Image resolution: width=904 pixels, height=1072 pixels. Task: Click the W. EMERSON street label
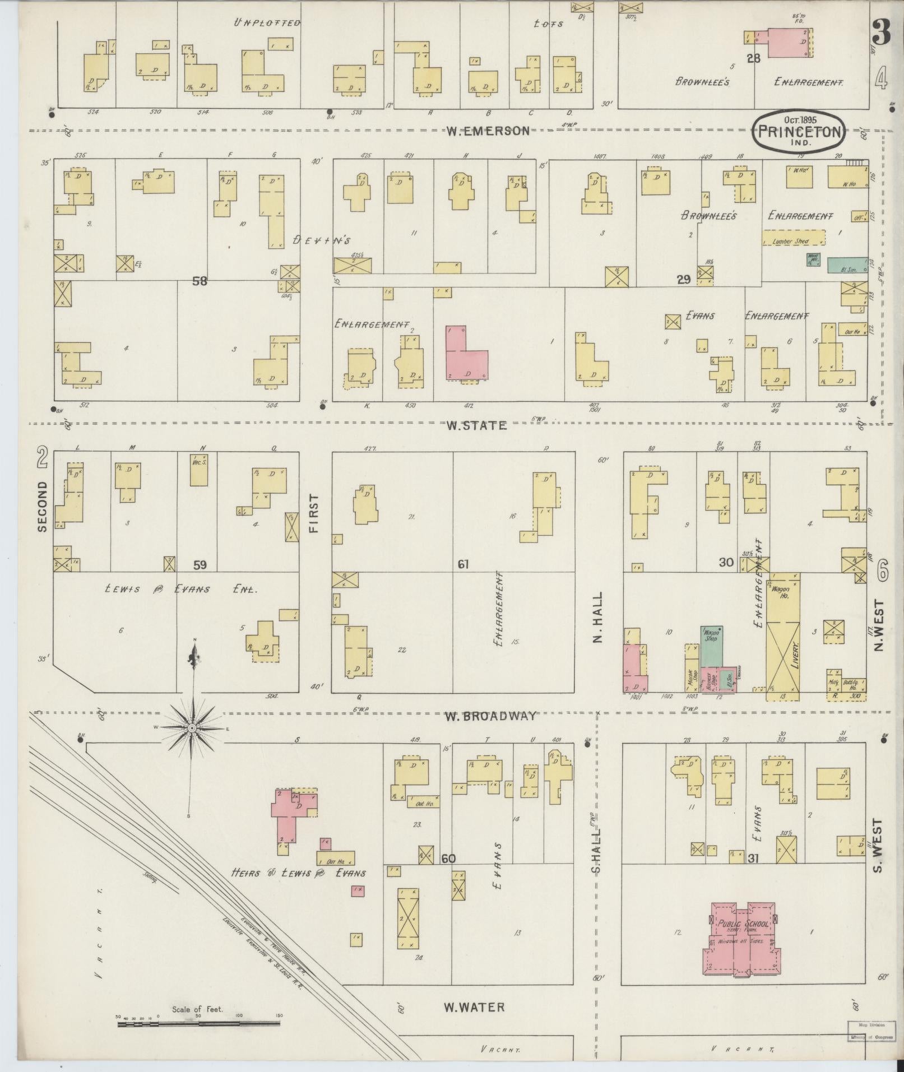(488, 131)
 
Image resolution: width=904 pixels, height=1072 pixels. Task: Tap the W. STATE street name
(476, 426)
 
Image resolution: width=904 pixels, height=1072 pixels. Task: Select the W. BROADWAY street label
(491, 716)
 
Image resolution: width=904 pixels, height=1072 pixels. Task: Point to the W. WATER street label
(474, 1008)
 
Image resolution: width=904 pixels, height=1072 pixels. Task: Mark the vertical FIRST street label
(313, 513)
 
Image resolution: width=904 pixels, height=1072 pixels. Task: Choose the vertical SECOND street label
(42, 505)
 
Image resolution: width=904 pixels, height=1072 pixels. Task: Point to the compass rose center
(192, 728)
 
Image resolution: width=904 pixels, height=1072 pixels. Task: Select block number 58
(200, 281)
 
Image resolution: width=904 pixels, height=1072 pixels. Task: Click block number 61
(463, 564)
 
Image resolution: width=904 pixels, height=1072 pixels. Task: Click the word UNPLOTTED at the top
(267, 23)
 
